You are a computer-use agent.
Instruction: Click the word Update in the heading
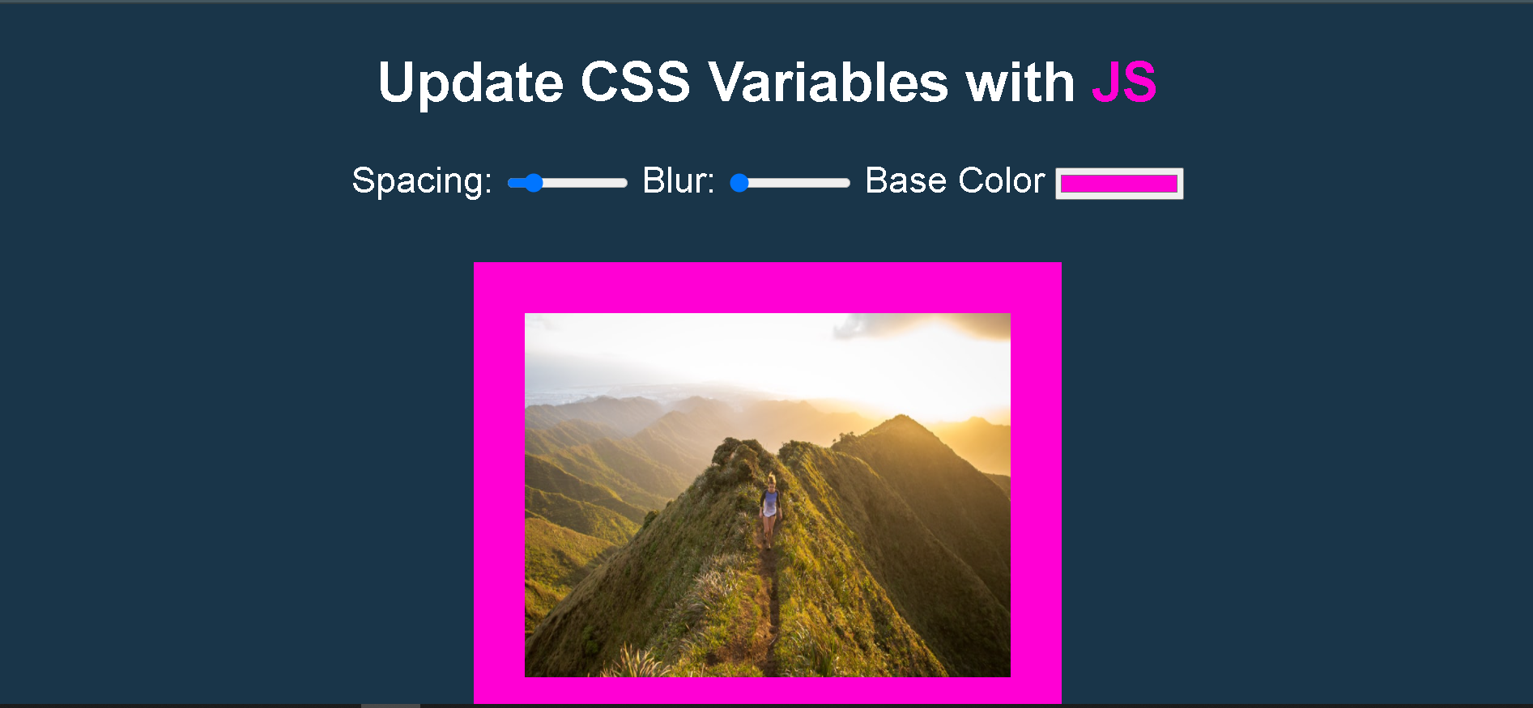(x=471, y=83)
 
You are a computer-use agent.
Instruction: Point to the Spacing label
(x=422, y=181)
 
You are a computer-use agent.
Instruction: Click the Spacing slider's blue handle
(x=533, y=183)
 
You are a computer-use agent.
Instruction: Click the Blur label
(x=679, y=180)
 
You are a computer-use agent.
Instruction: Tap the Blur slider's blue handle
(x=739, y=183)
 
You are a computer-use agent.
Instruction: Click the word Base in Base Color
(x=905, y=180)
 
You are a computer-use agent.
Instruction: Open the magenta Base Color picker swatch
(x=1119, y=184)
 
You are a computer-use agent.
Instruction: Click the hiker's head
(x=771, y=481)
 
